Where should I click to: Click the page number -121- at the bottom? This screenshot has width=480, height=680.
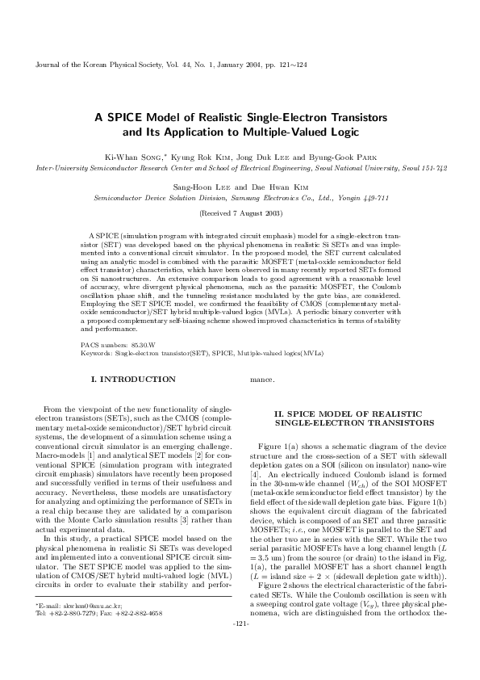[240, 647]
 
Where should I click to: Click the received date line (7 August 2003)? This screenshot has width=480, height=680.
[240, 214]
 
